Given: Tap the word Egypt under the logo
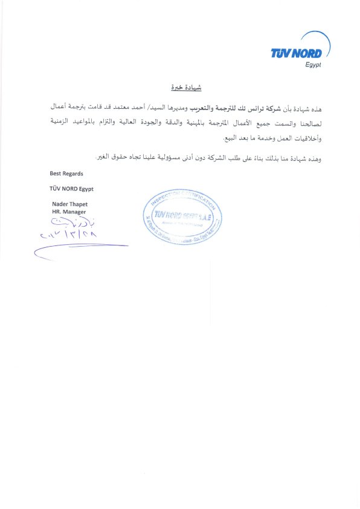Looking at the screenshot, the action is coord(312,65).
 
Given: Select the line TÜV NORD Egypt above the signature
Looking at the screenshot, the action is coord(71,189).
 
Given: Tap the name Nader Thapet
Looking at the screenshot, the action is coord(70,204).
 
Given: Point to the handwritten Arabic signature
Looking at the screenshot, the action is coord(68,222).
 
